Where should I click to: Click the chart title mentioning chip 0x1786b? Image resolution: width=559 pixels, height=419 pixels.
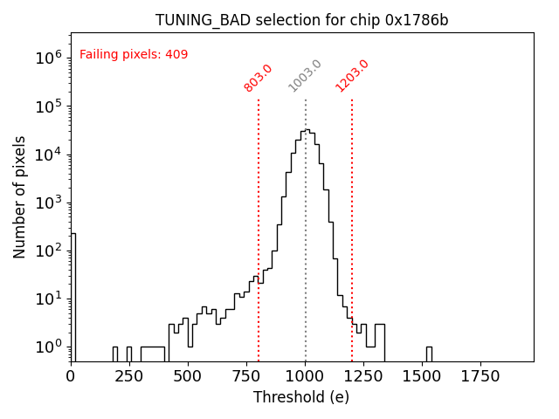pyautogui.click(x=301, y=20)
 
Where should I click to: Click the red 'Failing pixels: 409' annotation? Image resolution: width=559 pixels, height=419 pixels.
pyautogui.click(x=134, y=54)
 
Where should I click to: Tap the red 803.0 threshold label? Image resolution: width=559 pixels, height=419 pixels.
pyautogui.click(x=258, y=78)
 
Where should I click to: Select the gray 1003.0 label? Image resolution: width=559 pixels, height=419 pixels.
pyautogui.click(x=305, y=76)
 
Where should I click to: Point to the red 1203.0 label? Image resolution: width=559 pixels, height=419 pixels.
pyautogui.click(x=352, y=76)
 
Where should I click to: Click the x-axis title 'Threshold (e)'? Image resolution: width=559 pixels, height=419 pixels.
pyautogui.click(x=301, y=397)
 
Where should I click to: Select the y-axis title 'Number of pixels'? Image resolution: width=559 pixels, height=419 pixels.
pyautogui.click(x=20, y=197)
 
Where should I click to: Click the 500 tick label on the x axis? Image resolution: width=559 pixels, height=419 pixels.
pyautogui.click(x=188, y=375)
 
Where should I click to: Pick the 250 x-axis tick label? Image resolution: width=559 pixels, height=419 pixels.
pyautogui.click(x=129, y=375)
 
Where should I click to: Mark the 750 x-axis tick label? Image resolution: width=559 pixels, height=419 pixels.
pyautogui.click(x=246, y=375)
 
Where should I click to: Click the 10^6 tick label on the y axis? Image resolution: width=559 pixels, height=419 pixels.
pyautogui.click(x=49, y=58)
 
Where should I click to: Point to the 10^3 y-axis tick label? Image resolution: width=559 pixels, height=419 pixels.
pyautogui.click(x=49, y=203)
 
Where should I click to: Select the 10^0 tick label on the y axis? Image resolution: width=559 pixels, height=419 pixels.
pyautogui.click(x=49, y=347)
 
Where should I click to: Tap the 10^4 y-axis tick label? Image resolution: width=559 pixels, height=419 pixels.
pyautogui.click(x=49, y=154)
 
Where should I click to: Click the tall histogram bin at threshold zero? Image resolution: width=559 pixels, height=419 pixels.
pyautogui.click(x=73, y=297)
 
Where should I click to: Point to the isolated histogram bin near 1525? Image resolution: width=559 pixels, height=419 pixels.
pyautogui.click(x=429, y=354)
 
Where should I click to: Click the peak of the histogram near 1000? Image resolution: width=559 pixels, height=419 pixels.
pyautogui.click(x=307, y=131)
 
